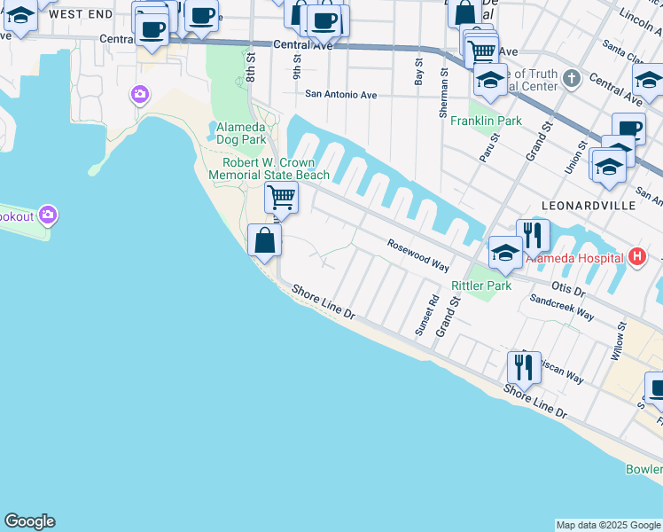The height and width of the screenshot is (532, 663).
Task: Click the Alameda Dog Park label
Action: tap(240, 133)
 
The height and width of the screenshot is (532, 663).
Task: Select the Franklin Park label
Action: tap(485, 121)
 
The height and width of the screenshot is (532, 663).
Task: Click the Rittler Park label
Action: tap(482, 286)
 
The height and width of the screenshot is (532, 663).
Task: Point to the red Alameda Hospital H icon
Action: tap(636, 258)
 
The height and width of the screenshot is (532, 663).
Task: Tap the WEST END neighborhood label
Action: tap(81, 14)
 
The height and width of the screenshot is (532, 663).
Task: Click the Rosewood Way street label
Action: tap(418, 254)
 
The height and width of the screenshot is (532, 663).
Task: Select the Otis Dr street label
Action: tap(568, 290)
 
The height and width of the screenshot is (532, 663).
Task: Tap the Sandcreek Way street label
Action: tap(562, 306)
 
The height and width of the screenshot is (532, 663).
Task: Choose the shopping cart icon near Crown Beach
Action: tap(281, 197)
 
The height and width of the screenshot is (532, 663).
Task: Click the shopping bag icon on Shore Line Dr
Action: tap(265, 239)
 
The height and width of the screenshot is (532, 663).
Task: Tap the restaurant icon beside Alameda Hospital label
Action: tap(533, 235)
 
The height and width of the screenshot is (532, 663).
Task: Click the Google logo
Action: tap(29, 521)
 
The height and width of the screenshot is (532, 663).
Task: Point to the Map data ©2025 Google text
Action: tap(607, 525)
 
